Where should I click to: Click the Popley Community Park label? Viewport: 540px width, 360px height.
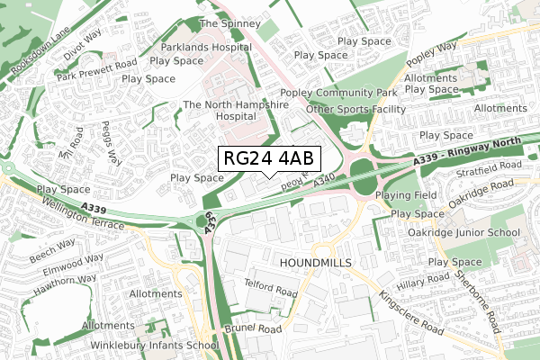click(x=338, y=93)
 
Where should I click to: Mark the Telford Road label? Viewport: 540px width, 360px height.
click(x=270, y=288)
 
